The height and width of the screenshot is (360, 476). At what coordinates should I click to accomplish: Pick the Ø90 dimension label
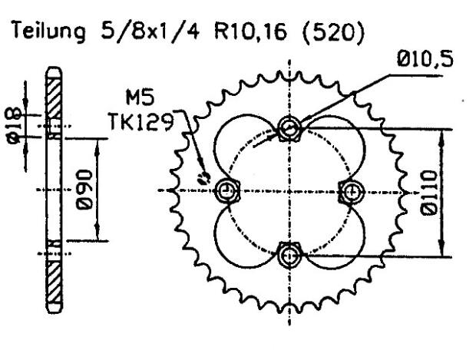[x=84, y=187]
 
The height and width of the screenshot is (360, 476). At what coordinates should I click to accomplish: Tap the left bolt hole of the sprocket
[x=226, y=189]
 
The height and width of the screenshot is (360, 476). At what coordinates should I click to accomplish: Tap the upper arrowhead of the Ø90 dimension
[x=98, y=143]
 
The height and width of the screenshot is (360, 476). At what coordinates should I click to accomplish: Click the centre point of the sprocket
[x=289, y=189]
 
